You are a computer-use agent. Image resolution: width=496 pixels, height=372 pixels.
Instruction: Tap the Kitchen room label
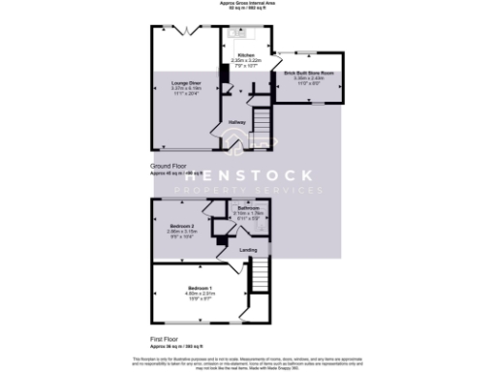pos(246,56)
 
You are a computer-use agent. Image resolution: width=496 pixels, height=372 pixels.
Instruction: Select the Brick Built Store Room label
pos(309,73)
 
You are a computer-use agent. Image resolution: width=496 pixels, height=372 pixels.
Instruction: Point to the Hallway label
pos(236,122)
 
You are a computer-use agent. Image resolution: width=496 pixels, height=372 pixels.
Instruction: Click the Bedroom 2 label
pos(176,226)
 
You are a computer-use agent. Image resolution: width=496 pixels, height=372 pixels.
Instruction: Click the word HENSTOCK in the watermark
pos(249,175)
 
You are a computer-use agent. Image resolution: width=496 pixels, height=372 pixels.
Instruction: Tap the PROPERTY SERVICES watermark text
pos(249,191)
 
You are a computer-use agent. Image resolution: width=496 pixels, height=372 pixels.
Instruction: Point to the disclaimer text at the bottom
pos(248,360)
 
